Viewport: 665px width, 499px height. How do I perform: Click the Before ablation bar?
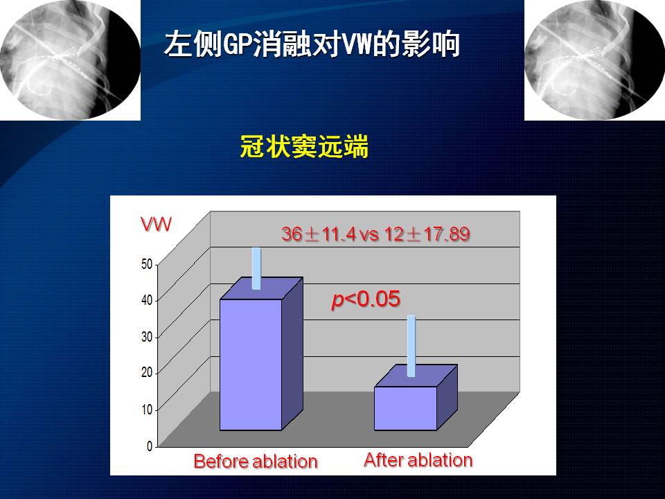coord(261,354)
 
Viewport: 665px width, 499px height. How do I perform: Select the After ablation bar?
coord(416,398)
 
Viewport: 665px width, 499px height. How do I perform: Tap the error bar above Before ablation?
coord(256,268)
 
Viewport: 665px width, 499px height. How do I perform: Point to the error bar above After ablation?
coord(411,346)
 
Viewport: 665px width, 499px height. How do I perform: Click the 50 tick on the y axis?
coord(147,264)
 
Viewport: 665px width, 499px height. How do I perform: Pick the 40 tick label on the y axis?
coord(147,300)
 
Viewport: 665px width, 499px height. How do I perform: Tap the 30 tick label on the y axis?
coord(147,337)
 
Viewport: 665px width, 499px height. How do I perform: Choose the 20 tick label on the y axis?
coord(147,373)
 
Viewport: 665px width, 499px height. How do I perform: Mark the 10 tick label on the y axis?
coord(147,410)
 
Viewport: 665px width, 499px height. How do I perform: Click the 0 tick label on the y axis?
coord(150,446)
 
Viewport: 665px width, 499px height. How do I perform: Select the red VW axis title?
coord(156,224)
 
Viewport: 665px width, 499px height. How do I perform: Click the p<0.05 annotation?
coord(366,299)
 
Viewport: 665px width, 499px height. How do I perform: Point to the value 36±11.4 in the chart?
coord(319,234)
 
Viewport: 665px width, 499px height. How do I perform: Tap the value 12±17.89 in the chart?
coord(427,234)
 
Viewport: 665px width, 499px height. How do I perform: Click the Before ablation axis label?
coord(256,462)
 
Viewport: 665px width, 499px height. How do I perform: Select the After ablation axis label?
coord(418,460)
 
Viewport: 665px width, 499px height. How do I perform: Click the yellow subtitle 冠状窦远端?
coord(304,146)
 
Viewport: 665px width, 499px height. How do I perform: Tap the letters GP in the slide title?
coord(238,44)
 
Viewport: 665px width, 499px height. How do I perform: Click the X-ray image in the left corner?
coord(71,60)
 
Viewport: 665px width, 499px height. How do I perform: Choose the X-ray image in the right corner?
coord(594,60)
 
